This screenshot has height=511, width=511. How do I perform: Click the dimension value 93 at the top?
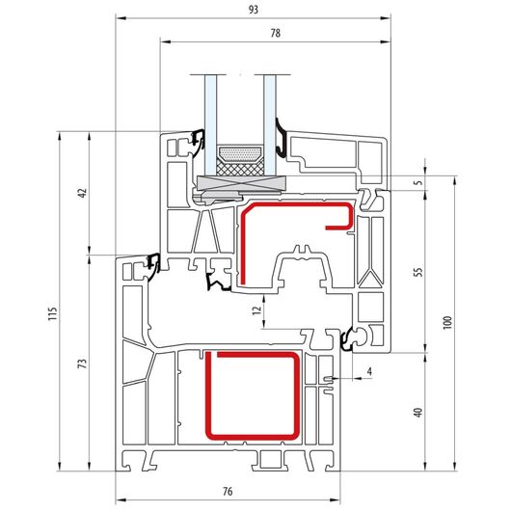254,10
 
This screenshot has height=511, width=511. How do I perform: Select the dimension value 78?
276,33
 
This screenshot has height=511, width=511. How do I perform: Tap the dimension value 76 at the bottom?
228,491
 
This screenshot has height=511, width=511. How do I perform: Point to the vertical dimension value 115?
53,314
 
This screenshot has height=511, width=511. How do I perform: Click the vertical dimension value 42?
84,193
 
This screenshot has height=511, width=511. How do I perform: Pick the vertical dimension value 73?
84,363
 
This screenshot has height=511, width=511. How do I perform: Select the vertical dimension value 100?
447,323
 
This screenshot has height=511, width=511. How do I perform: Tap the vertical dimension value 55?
417,272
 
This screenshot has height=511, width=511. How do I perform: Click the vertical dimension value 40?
417,413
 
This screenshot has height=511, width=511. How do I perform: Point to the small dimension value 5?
418,182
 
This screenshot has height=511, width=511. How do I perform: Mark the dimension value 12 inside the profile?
257,310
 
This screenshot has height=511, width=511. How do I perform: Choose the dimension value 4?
369,371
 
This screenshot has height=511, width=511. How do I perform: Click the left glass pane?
210,125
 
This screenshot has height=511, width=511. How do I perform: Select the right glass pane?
270,125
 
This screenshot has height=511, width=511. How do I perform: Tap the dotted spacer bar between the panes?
240,153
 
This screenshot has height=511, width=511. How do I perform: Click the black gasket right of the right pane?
281,137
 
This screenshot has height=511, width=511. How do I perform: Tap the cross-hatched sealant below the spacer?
240,168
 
